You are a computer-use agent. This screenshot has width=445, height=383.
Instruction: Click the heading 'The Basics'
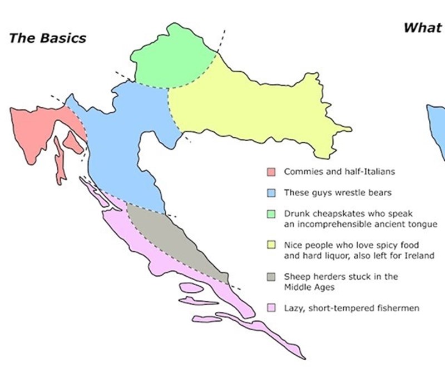tap(48, 38)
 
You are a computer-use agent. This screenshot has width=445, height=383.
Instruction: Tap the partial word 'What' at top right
tap(422, 28)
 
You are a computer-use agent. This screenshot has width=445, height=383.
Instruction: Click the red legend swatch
tap(271, 172)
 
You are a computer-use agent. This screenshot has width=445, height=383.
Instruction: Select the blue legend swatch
tap(271, 193)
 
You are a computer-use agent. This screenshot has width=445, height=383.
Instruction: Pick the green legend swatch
tap(271, 214)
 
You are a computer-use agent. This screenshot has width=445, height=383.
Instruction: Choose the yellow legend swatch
tap(271, 245)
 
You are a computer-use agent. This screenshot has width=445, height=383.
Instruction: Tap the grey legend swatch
tap(271, 276)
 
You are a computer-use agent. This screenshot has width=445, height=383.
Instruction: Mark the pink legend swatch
tap(271, 308)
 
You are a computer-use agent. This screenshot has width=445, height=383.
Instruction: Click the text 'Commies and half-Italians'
tap(339, 172)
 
